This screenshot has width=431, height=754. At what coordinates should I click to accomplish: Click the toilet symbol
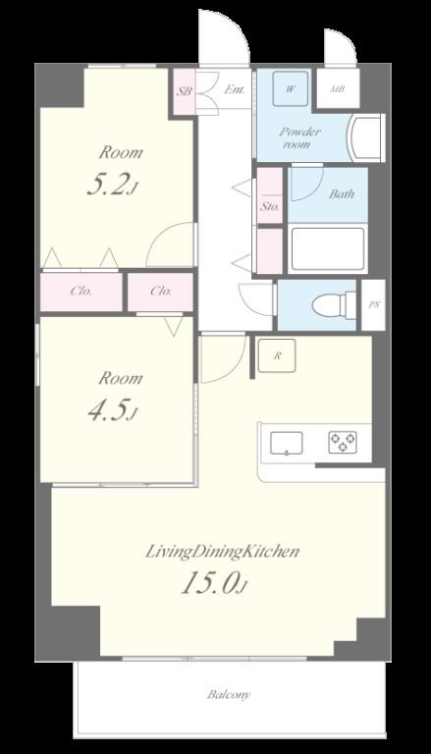click(x=332, y=305)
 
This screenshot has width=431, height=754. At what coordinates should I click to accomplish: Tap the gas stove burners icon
click(x=343, y=442)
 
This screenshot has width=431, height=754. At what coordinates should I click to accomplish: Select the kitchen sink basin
click(x=287, y=443)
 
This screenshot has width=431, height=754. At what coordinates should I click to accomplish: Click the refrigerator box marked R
click(x=277, y=355)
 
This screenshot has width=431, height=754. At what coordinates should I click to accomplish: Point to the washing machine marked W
click(x=291, y=88)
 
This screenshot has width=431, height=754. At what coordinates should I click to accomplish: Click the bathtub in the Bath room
click(x=328, y=248)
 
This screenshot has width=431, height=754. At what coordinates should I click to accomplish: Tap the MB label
click(x=338, y=89)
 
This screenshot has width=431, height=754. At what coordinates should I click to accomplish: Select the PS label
click(x=373, y=305)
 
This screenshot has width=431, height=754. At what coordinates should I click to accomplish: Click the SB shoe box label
click(x=185, y=91)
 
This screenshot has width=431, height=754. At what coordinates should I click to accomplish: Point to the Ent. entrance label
click(x=235, y=89)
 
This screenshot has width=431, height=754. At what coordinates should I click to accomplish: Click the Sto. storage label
click(x=270, y=207)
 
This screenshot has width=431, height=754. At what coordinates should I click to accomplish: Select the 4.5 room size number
click(x=112, y=410)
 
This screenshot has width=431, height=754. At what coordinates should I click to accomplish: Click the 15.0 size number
click(x=214, y=583)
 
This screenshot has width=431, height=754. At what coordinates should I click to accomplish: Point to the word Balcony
click(x=230, y=694)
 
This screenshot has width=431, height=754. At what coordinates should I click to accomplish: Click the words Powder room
click(x=300, y=137)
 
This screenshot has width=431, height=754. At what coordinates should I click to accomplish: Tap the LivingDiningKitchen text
click(x=223, y=552)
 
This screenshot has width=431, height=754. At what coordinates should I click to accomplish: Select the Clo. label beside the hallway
click(x=161, y=292)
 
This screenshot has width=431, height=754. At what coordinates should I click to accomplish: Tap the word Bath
click(x=342, y=193)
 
